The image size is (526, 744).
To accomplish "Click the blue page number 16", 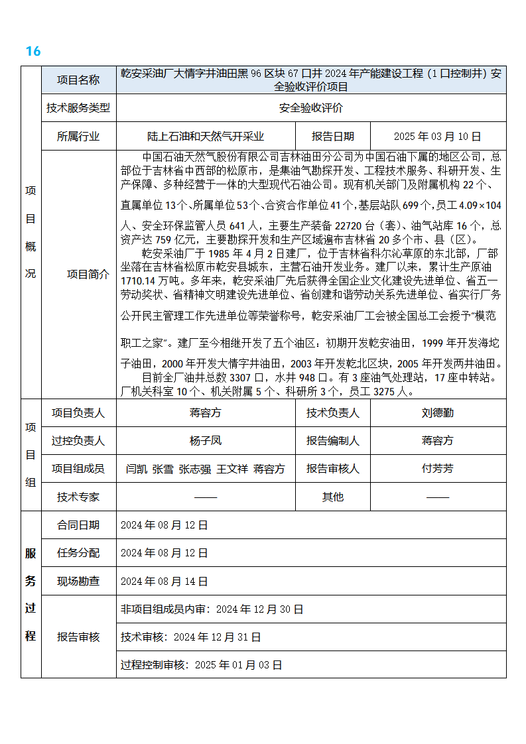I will [x=33, y=51].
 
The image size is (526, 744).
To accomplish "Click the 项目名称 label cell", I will [x=78, y=80].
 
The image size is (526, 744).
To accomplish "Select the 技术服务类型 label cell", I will [x=78, y=108].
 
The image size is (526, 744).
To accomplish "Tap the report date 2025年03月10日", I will [x=437, y=137].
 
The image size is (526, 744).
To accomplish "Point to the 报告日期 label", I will [x=332, y=137].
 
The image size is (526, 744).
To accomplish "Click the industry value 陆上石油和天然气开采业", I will [x=205, y=137].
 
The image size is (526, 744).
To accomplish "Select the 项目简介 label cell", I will [x=88, y=274].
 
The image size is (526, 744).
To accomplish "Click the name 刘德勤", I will [x=437, y=412].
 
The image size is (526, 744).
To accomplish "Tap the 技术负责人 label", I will [x=332, y=412].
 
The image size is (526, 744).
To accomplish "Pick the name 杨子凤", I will [x=205, y=440].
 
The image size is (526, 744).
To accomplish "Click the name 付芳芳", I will [x=437, y=468].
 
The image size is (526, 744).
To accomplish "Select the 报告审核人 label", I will [x=332, y=468].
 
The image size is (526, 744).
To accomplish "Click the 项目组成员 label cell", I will [x=78, y=468].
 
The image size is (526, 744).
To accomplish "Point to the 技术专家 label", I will [x=78, y=497].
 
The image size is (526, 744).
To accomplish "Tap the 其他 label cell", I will [x=332, y=497].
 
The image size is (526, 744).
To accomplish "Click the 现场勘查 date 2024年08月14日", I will [x=164, y=581].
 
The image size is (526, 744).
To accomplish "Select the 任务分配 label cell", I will [x=78, y=552].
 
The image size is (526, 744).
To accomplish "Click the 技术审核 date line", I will [x=190, y=637].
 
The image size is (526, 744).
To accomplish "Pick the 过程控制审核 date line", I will [x=201, y=664].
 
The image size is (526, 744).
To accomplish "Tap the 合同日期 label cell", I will [x=78, y=525].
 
